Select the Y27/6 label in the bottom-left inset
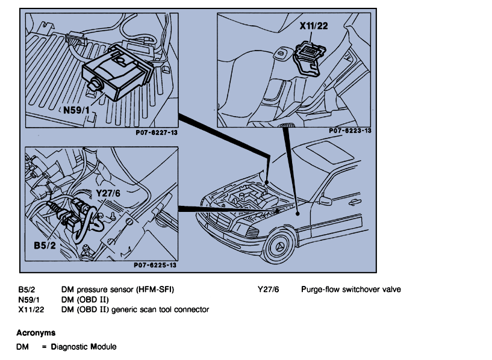[109, 194]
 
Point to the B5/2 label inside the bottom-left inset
[46, 246]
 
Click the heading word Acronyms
[36, 332]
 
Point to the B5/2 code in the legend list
[27, 290]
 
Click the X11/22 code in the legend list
[31, 309]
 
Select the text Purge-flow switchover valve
[350, 290]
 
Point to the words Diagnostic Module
[84, 347]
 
